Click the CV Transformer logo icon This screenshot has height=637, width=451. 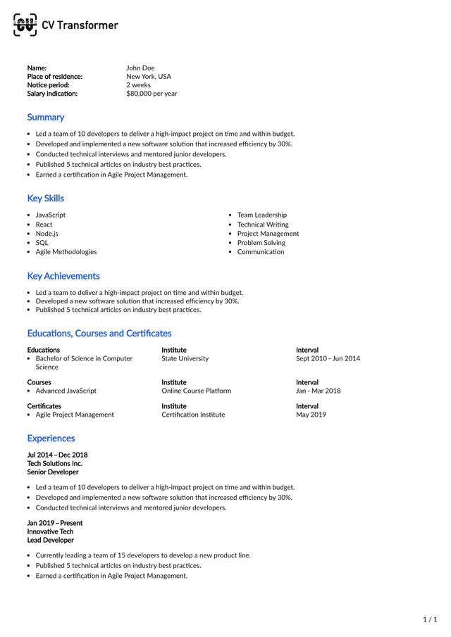coord(25,25)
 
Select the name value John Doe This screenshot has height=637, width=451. coord(140,68)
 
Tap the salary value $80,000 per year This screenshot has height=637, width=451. coord(152,94)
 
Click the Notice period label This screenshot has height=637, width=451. coord(48,85)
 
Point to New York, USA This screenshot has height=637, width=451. coord(148,77)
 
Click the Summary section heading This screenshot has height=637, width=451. coord(45,118)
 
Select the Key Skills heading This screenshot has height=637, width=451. coord(45,198)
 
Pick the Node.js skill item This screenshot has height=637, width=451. coord(47,234)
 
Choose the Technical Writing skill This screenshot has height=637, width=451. coord(262,225)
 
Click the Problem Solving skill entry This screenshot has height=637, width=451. coord(261,243)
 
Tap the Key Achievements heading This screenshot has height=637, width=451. coord(63,276)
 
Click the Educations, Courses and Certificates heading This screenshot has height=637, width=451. coord(99,334)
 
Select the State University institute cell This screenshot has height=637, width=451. coord(185,358)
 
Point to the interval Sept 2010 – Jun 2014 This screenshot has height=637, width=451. coord(328,358)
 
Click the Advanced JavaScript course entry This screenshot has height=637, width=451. coord(66,391)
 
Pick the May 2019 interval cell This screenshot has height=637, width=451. coord(311,415)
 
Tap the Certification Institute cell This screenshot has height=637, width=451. coord(193,415)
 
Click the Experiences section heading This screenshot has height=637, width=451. coord(51,439)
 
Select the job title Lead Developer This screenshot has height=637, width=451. coord(50,540)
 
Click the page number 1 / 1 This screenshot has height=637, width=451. coord(430,619)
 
